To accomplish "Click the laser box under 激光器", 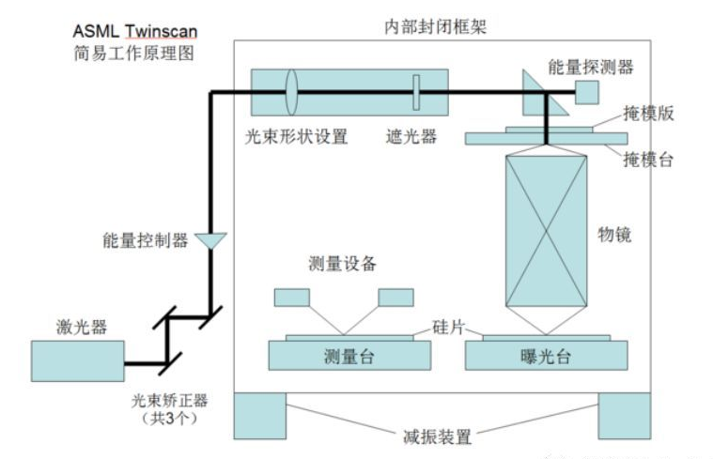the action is (x=78, y=360).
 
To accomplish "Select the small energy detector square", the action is (x=586, y=92).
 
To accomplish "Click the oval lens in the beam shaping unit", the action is (x=291, y=92).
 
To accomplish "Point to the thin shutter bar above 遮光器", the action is (x=416, y=92).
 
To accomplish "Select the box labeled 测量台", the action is (x=349, y=356).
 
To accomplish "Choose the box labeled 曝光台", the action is (x=546, y=356).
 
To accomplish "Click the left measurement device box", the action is (x=292, y=298).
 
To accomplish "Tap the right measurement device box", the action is (x=396, y=298).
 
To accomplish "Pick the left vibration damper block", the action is (x=260, y=416).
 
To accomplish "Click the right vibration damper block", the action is (x=625, y=416).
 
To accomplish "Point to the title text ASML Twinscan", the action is (x=135, y=31).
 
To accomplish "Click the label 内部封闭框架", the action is (x=436, y=27).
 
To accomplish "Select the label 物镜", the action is (x=614, y=235).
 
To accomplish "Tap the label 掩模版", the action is (x=648, y=114).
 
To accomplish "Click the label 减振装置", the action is (x=437, y=436).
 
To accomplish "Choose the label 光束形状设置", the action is (x=297, y=136).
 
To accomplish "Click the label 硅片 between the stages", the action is (x=449, y=327).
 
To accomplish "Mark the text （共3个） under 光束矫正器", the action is (x=169, y=418).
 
